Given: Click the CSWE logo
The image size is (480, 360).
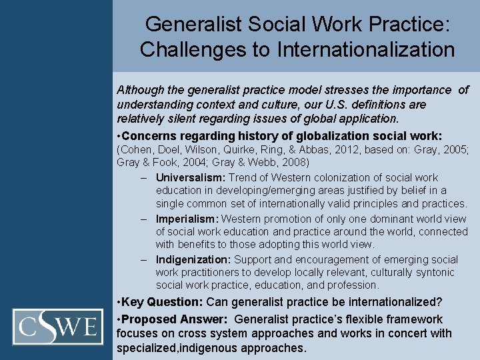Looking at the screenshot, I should pos(57,327).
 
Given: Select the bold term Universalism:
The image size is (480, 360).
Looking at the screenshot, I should pos(191,178).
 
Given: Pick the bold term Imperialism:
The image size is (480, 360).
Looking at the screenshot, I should pos(187,219).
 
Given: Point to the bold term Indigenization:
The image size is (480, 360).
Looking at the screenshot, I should pos(192,259).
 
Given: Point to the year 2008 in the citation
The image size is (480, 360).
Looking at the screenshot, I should pos(294,163).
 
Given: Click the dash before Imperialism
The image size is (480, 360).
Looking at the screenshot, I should pos(144,219).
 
